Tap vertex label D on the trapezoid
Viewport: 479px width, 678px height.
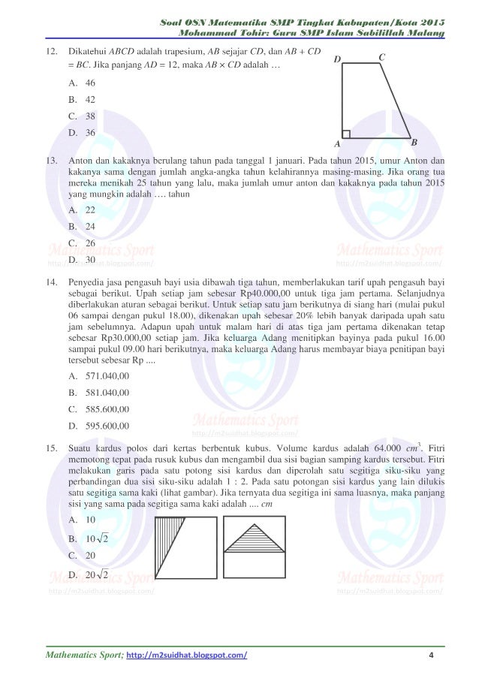(336, 59)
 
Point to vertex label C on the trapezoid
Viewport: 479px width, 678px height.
(382, 57)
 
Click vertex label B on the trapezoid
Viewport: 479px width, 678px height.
(414, 141)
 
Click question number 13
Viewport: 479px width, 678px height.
(52, 161)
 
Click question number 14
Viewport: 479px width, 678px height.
(52, 282)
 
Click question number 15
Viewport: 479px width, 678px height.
(52, 449)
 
